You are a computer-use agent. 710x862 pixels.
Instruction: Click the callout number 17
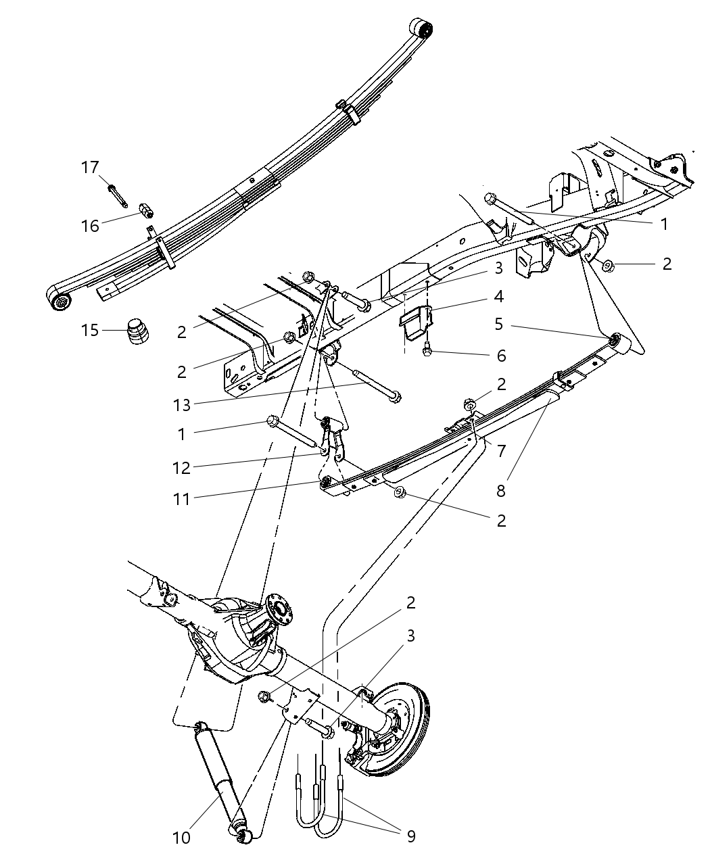point(90,168)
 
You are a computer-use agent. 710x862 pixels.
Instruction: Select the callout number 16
point(90,226)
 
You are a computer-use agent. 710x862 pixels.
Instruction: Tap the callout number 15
point(90,331)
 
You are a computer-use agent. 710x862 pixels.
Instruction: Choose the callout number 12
point(181,467)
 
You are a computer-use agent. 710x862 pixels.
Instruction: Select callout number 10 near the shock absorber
point(181,838)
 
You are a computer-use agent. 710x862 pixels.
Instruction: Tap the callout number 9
point(410,836)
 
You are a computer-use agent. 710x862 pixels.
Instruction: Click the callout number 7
point(501,450)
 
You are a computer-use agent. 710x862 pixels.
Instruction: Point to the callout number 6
point(501,356)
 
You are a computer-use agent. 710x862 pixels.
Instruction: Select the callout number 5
point(498,324)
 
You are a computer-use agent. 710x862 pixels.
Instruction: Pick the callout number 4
point(498,296)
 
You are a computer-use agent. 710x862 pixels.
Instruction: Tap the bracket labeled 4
point(415,320)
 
